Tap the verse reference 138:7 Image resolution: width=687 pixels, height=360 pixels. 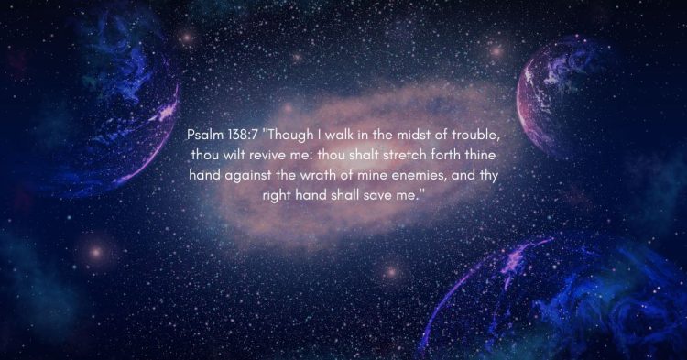pyautogui.click(x=245, y=135)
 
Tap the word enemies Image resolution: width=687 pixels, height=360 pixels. pyautogui.click(x=424, y=174)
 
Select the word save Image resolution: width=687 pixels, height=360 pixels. pyautogui.click(x=386, y=194)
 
